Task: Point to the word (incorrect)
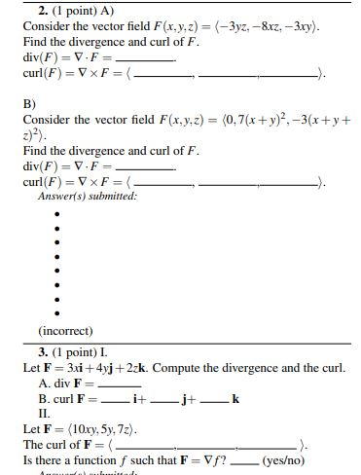[64, 331]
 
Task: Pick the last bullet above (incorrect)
[57, 313]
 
